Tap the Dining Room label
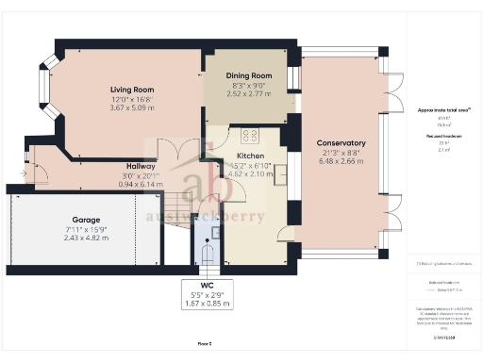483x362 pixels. coord(249,75)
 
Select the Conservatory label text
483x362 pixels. coord(341,143)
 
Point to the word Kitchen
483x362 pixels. coord(250,156)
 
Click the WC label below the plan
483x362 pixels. coord(208,284)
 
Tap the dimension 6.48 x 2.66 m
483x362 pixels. coord(341,161)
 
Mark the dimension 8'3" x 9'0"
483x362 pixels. coord(249,85)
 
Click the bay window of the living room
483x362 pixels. coord(42,90)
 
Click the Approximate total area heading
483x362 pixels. coord(444,110)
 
